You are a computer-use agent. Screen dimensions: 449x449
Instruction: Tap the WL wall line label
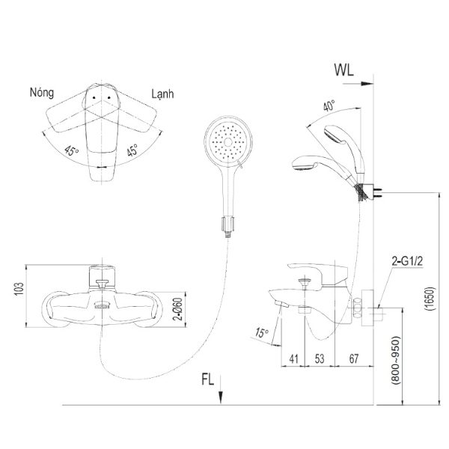tap(344, 70)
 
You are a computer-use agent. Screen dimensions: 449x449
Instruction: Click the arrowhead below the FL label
tap(221, 399)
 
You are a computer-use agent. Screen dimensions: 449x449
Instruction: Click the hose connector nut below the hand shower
tap(227, 224)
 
